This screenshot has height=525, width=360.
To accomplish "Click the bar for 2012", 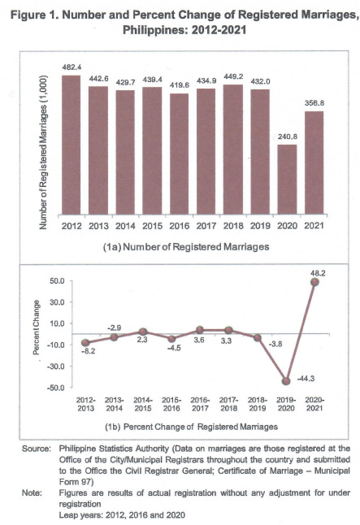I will point(71,147).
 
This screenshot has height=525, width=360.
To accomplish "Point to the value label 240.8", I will point(287,139).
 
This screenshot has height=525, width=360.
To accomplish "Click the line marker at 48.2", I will point(314,281).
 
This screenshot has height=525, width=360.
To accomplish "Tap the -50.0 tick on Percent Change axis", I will point(57,388).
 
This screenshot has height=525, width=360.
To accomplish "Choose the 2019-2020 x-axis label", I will point(287,406).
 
